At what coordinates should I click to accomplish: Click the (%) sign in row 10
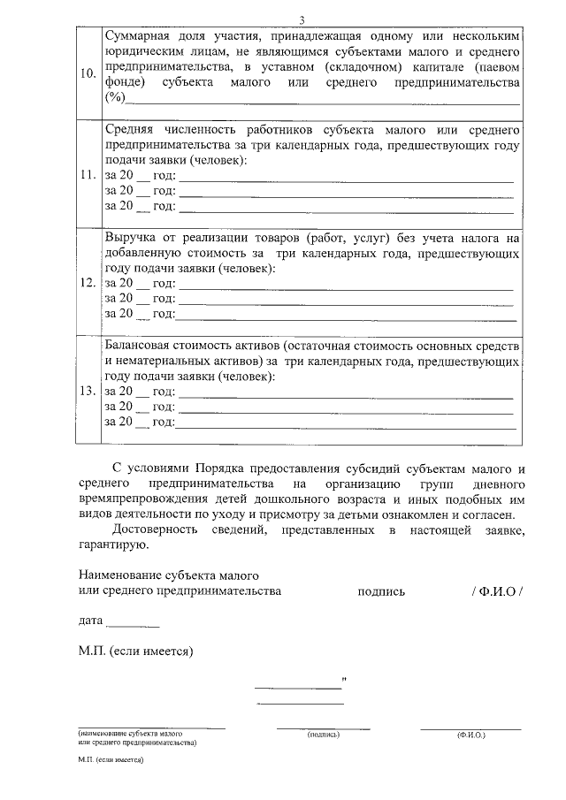coord(115,96)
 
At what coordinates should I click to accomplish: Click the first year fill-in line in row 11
coord(345,179)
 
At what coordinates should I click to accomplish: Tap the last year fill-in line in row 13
coord(345,425)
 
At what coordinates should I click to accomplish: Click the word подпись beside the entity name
coord(381,591)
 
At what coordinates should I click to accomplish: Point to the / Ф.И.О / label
coord(497,591)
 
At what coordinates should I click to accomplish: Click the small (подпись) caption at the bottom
coord(323,735)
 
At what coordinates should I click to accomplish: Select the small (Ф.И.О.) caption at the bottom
coord(470,735)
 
